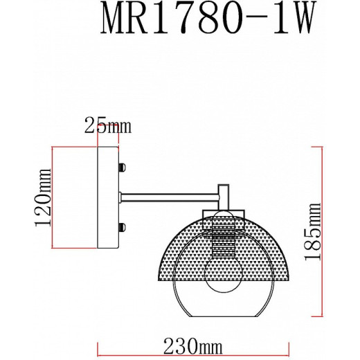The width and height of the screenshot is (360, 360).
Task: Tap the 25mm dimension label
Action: click(x=107, y=126)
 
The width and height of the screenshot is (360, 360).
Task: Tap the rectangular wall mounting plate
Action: click(x=108, y=197)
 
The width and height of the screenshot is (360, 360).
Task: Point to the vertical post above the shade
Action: click(x=224, y=197)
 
